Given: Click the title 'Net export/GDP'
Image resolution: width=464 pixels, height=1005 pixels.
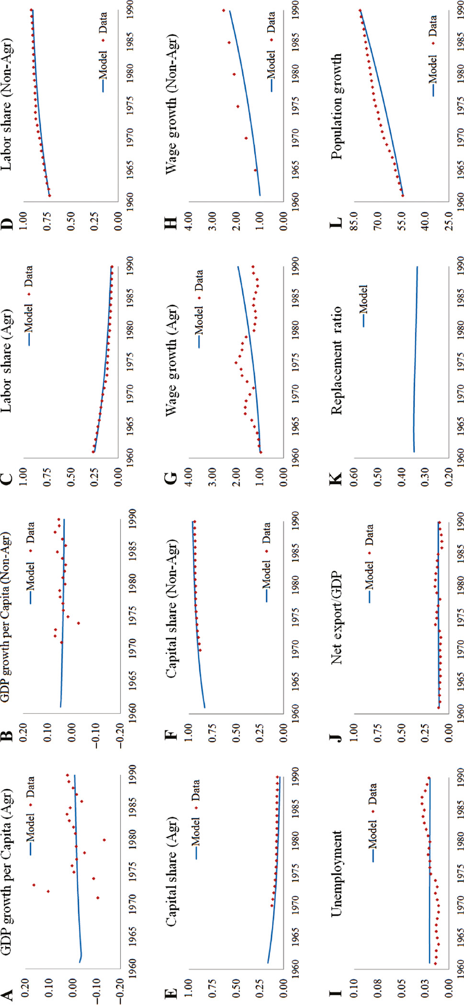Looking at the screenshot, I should point(337,618).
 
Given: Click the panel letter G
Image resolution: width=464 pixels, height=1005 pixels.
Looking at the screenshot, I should point(171,478).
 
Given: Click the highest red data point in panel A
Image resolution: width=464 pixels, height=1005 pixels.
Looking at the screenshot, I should point(34,885).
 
